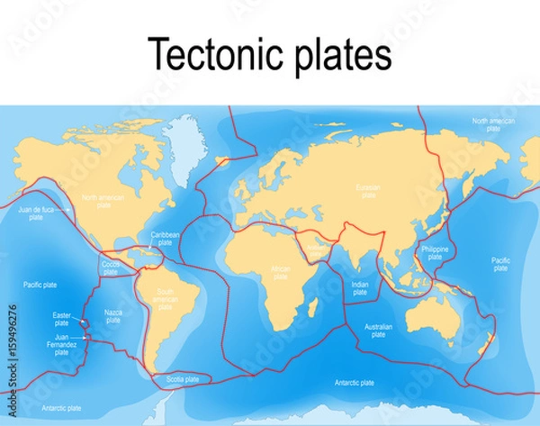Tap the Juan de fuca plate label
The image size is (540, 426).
[x=36, y=213]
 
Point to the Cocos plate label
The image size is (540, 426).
[x=111, y=267]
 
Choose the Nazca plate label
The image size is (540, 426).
[x=113, y=316]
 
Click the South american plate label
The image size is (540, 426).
[x=164, y=299]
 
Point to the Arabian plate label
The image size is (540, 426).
[x=315, y=245]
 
